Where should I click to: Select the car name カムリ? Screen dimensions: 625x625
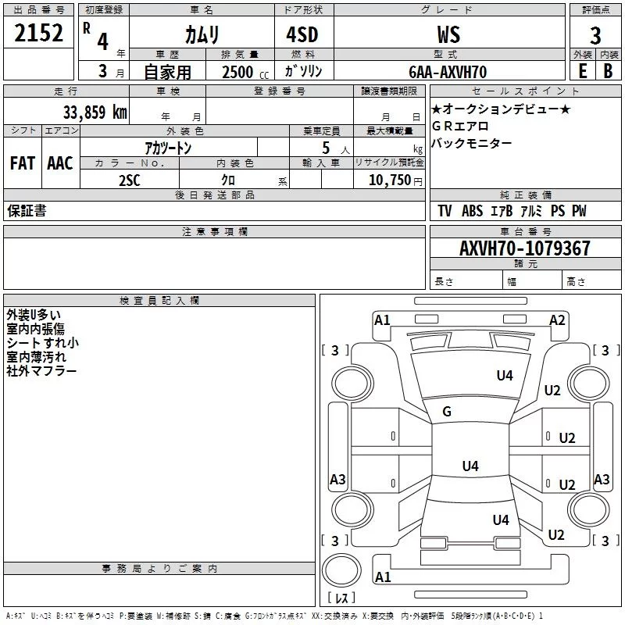click(202, 34)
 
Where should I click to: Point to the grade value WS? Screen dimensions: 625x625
click(448, 34)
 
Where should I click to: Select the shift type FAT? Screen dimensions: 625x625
click(23, 163)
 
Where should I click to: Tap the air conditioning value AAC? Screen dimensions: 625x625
click(60, 163)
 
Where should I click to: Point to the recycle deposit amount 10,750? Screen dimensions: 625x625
click(391, 180)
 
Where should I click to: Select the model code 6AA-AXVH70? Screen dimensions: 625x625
click(448, 72)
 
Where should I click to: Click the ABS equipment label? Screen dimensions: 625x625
click(472, 211)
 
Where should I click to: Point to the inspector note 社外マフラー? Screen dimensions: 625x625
click(42, 370)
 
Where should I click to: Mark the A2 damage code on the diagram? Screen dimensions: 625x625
click(557, 320)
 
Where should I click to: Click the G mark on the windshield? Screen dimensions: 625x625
click(447, 411)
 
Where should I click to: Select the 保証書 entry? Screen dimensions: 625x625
click(27, 211)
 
